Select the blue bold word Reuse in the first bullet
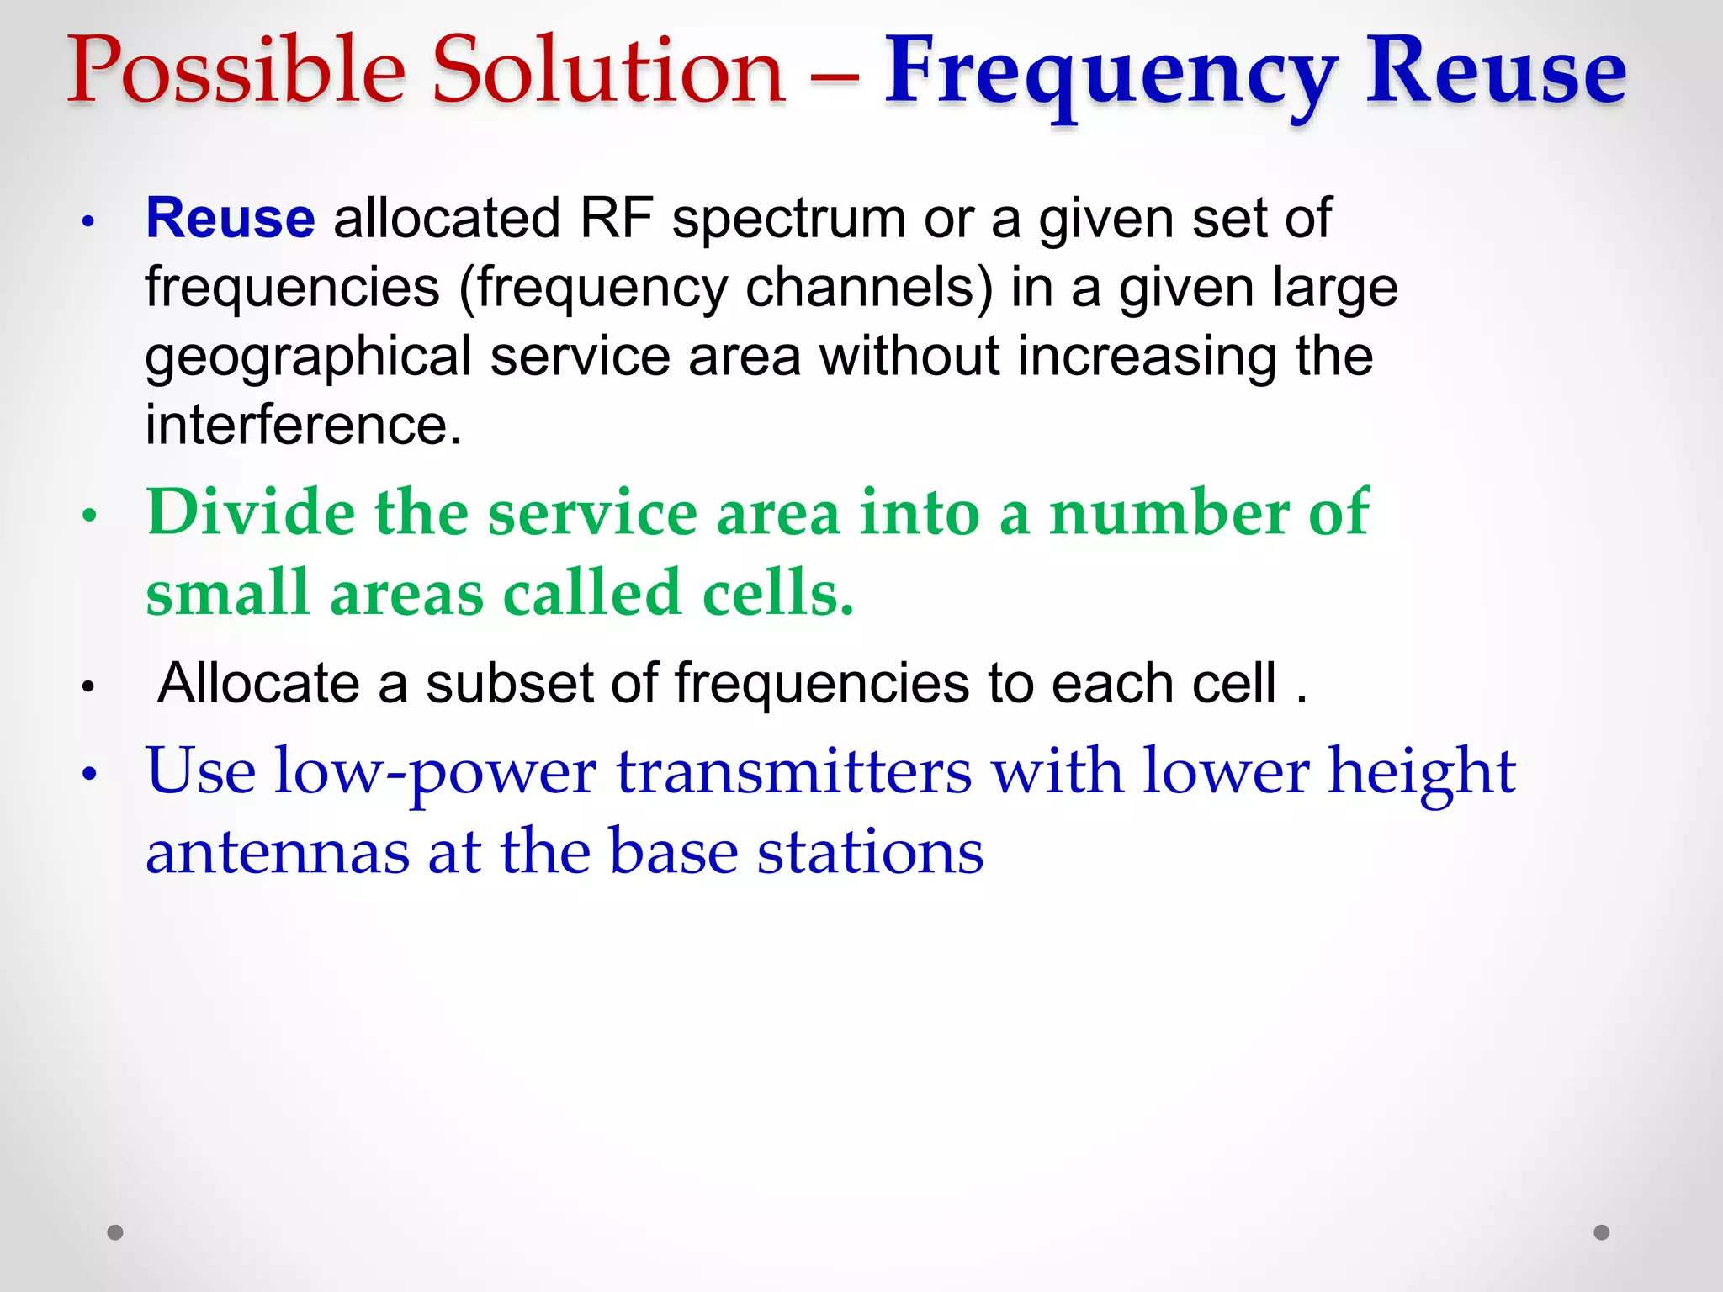(x=231, y=219)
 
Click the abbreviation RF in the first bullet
(x=616, y=219)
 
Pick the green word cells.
(x=777, y=592)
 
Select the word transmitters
(x=794, y=771)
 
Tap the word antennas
(x=278, y=852)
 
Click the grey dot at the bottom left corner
(x=115, y=1232)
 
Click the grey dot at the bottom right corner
(x=1602, y=1232)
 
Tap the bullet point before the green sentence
(x=90, y=516)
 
